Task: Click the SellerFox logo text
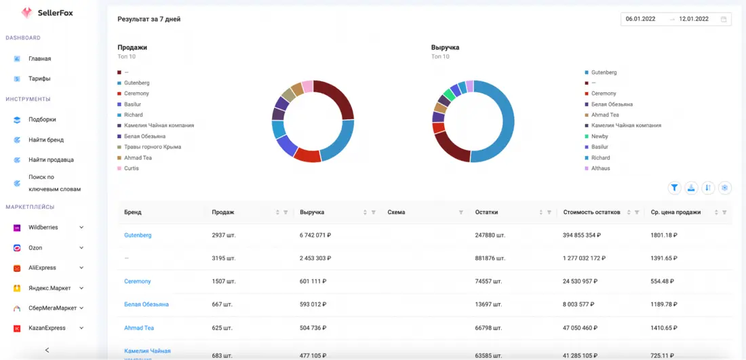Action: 55,14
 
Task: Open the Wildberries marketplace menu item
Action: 43,227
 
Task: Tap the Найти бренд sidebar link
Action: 45,140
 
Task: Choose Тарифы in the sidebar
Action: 39,79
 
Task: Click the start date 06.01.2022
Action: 640,19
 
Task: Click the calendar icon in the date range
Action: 724,20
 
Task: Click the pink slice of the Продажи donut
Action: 308,87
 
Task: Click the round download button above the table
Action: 691,188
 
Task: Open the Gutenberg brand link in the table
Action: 138,235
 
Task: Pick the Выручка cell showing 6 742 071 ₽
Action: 315,235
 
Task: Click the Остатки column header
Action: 486,213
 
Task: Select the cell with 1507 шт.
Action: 224,281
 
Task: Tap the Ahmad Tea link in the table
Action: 139,327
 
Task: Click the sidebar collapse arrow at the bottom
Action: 47,350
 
